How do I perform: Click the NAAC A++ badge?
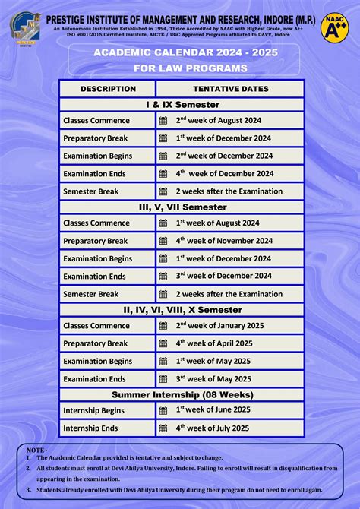pyautogui.click(x=334, y=26)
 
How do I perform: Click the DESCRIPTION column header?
pyautogui.click(x=108, y=89)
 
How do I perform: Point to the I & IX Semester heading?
pyautogui.click(x=182, y=105)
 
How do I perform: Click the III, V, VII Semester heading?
pyautogui.click(x=182, y=207)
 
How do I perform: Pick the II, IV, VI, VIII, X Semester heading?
pyautogui.click(x=182, y=310)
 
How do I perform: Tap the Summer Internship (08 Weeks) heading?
pyautogui.click(x=182, y=395)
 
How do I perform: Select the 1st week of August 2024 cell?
pyautogui.click(x=218, y=223)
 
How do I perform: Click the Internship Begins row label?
pyautogui.click(x=93, y=410)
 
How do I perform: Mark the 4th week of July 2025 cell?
pyautogui.click(x=213, y=428)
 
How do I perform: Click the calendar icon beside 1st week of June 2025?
pyautogui.click(x=163, y=410)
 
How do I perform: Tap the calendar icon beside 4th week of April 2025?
pyautogui.click(x=163, y=343)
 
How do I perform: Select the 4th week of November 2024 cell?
pyautogui.click(x=224, y=241)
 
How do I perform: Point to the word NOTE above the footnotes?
pyautogui.click(x=36, y=451)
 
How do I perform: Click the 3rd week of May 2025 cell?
pyautogui.click(x=214, y=379)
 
